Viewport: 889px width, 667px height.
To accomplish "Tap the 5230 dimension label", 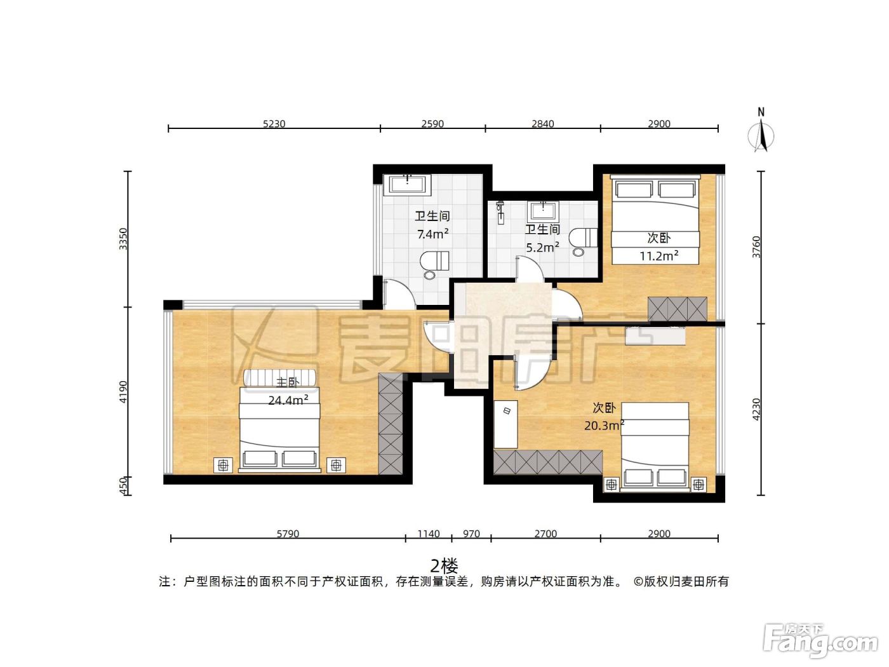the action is (274, 123).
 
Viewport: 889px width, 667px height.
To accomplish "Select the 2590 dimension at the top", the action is (432, 123).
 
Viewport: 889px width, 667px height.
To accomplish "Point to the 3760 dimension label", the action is (756, 246).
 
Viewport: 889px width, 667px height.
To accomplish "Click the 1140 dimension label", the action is (429, 534).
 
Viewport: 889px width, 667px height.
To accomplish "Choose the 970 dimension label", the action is (471, 534).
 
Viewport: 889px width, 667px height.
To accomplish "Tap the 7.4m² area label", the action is (432, 234).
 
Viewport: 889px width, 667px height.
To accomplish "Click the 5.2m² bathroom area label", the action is (543, 246).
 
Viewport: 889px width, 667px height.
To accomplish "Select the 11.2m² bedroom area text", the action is (659, 255).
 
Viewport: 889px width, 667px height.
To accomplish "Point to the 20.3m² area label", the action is (604, 425).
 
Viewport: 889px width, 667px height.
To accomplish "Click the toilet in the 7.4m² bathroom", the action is (434, 265).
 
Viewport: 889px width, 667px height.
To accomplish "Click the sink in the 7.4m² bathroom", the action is (408, 185).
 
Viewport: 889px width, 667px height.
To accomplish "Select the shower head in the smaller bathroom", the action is (501, 212).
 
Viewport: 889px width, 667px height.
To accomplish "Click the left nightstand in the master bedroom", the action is (223, 466).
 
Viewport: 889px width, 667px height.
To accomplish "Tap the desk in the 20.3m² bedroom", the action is (506, 424).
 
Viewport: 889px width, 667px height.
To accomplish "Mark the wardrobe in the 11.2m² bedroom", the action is (677, 309).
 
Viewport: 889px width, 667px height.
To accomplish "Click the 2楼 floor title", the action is (444, 565).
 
